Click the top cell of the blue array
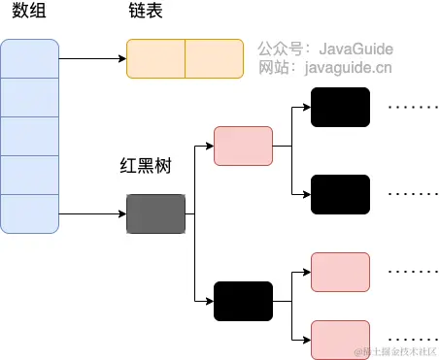[30, 58]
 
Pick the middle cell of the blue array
[30, 136]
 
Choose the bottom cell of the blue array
[30, 213]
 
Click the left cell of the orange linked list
[156, 58]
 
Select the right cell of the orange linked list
[214, 58]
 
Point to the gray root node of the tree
[155, 213]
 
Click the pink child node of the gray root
[243, 146]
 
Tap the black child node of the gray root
[243, 300]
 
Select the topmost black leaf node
[340, 107]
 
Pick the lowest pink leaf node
[340, 339]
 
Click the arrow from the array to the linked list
[93, 58]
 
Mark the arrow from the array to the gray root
[93, 213]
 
